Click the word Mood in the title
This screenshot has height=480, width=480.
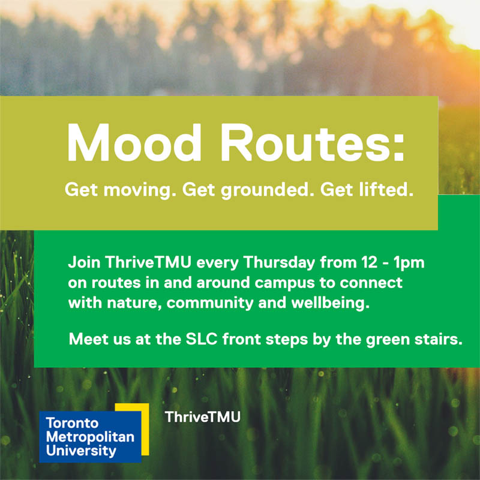point(134,142)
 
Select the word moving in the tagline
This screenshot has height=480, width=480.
point(140,190)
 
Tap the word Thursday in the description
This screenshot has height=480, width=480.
point(279,263)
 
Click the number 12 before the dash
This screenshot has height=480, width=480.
point(369,263)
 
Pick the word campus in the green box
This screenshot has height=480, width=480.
point(284,283)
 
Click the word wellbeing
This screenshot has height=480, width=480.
point(331,304)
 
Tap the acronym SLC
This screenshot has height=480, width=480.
point(202,339)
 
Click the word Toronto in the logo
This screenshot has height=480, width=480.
point(72,423)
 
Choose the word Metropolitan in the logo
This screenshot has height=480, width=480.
point(91,437)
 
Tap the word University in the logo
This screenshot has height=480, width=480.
point(81,451)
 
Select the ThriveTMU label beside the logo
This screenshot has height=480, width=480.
point(203,417)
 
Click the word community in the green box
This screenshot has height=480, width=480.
point(210,304)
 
